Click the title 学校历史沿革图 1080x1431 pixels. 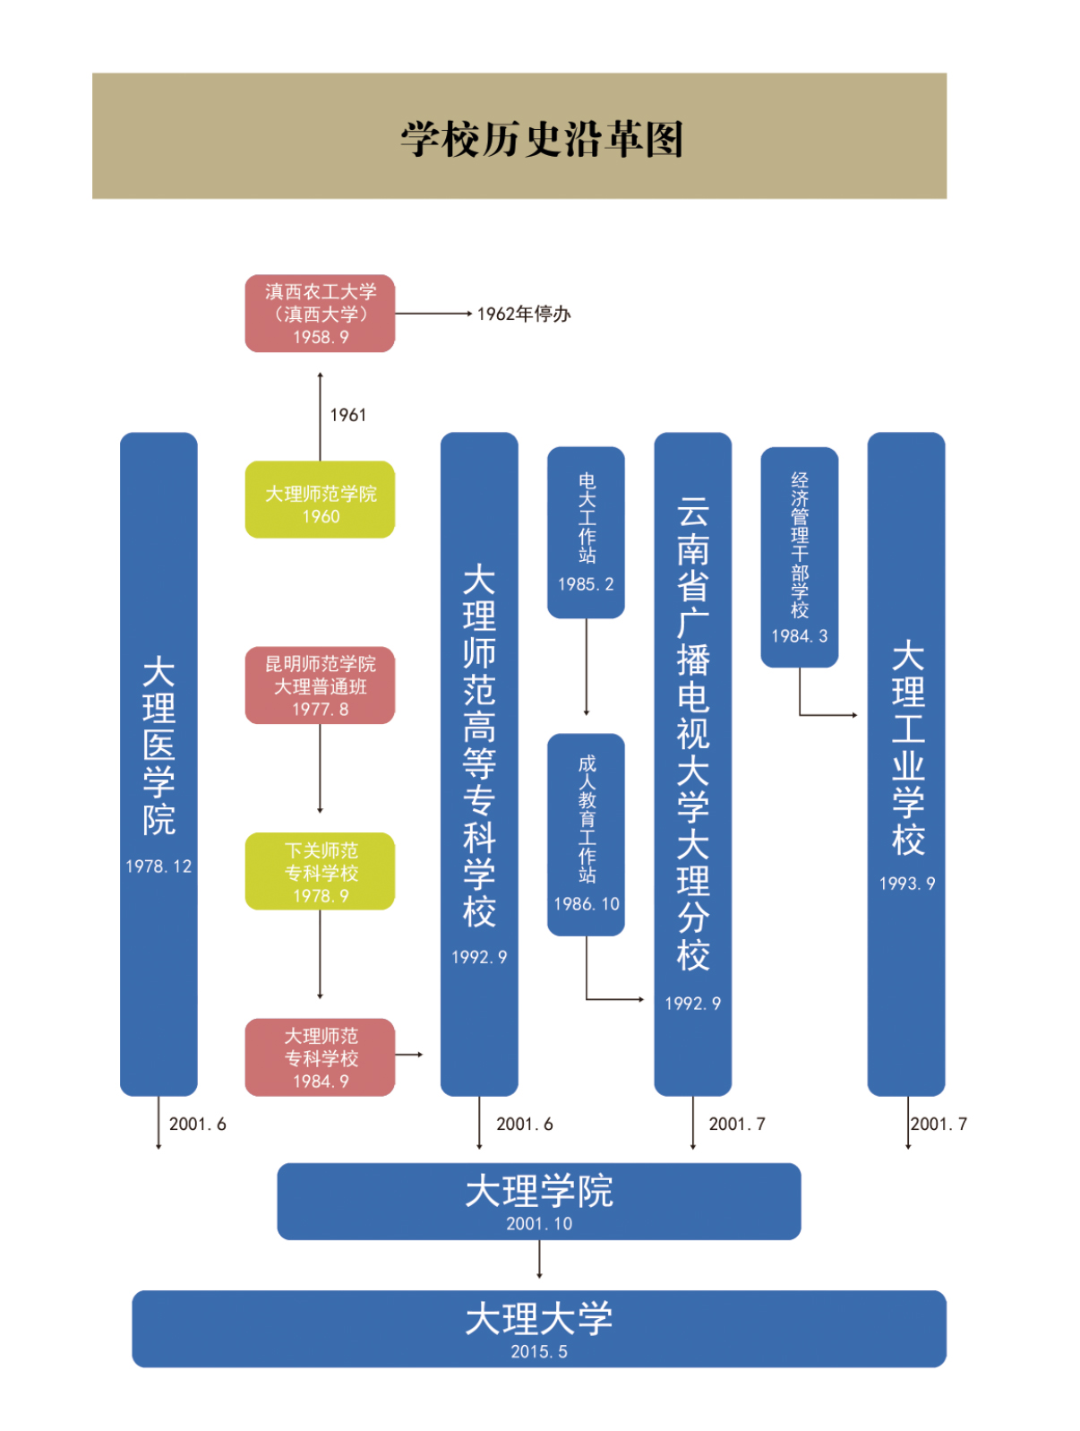tap(541, 139)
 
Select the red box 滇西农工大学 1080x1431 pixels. tap(320, 313)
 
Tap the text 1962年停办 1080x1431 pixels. tap(523, 314)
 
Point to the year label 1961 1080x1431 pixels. tap(347, 415)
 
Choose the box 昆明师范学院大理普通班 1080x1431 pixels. tap(320, 685)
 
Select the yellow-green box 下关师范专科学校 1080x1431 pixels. tap(320, 871)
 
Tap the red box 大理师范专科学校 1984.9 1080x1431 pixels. tap(320, 1056)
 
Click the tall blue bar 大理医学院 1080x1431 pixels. tap(159, 762)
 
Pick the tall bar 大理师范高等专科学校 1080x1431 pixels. tap(479, 762)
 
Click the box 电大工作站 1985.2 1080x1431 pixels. tap(586, 531)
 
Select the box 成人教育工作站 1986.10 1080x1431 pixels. tap(586, 833)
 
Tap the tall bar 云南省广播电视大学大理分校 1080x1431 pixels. tap(692, 762)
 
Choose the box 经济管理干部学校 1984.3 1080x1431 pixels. tap(799, 556)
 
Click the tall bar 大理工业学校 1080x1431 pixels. tap(906, 762)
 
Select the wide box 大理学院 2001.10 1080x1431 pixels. tap(538, 1201)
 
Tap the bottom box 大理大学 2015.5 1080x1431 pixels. tap(538, 1328)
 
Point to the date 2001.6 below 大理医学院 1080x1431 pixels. tap(197, 1124)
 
